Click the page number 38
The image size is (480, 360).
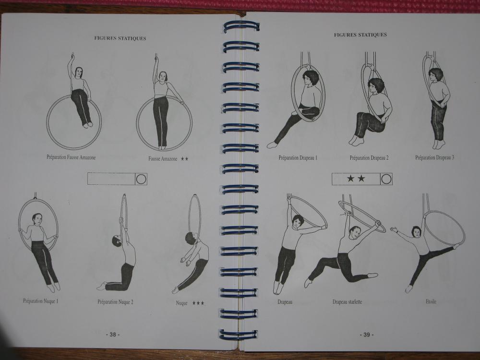click(113, 335)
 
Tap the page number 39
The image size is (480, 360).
click(366, 335)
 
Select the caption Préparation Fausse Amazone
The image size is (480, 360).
click(71, 157)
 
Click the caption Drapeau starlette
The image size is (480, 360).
click(347, 302)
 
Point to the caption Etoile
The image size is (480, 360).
click(431, 301)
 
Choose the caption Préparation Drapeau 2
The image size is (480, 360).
click(369, 158)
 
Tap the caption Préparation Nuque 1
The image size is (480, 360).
click(41, 301)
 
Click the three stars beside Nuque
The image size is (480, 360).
click(198, 303)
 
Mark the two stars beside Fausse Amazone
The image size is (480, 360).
click(184, 159)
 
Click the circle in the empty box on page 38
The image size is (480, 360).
click(141, 179)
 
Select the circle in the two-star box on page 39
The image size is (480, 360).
click(386, 179)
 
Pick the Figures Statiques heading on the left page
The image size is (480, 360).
click(120, 38)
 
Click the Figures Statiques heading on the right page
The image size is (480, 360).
click(360, 35)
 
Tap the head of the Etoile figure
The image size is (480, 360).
click(416, 231)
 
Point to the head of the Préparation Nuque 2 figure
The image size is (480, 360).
click(117, 240)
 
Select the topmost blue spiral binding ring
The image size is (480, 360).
click(241, 26)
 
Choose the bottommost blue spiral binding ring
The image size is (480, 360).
click(238, 334)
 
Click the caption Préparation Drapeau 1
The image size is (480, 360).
click(298, 158)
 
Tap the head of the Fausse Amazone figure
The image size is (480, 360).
click(163, 76)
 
